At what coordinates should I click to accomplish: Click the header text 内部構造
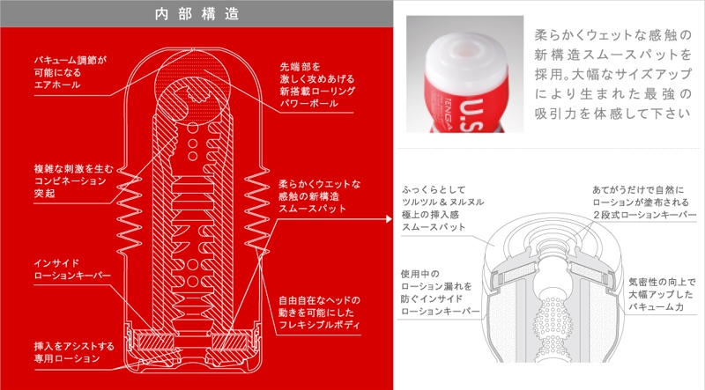[197, 14]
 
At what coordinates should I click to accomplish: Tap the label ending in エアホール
[70, 72]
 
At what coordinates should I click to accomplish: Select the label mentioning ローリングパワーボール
[317, 85]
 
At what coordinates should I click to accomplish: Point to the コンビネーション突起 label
[74, 181]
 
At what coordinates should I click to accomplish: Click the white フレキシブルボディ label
[319, 313]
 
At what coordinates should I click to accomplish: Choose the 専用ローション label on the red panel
[74, 352]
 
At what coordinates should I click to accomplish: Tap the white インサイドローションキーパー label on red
[72, 269]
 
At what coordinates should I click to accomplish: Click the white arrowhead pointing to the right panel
[389, 219]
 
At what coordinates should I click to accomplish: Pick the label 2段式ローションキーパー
[644, 202]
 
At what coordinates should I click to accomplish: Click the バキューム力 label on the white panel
[662, 294]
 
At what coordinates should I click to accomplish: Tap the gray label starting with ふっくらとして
[443, 208]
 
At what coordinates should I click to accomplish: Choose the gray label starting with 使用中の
[440, 292]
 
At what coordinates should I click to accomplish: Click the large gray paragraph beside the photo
[612, 74]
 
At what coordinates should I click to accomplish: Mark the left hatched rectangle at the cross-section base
[156, 342]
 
